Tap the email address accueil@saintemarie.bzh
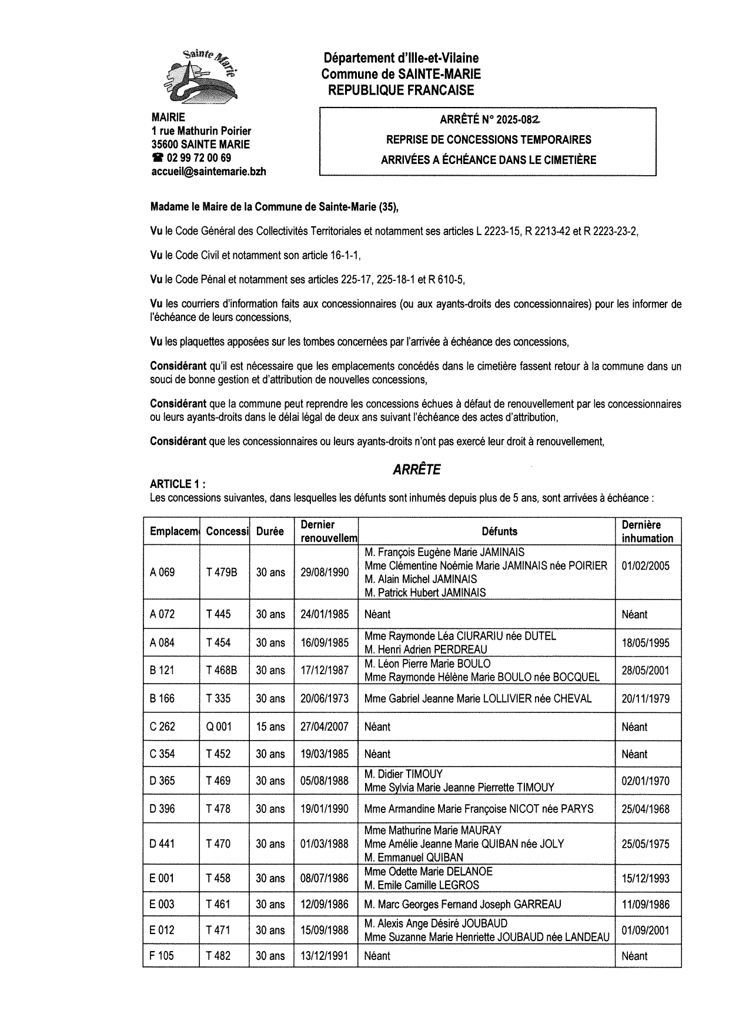[x=209, y=172]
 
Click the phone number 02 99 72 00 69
[x=199, y=158]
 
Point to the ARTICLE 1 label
[x=178, y=484]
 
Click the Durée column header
[x=270, y=531]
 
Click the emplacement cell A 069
[x=162, y=572]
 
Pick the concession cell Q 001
[x=219, y=727]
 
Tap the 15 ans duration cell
[x=270, y=727]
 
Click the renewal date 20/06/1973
[x=325, y=698]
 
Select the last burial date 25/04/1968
[x=646, y=809]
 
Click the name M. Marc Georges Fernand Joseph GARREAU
[x=463, y=905]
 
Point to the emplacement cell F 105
[x=162, y=956]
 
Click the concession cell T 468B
[x=221, y=670]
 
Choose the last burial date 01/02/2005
[x=646, y=566]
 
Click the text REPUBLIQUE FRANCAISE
[x=400, y=90]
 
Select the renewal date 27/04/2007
[x=325, y=727]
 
